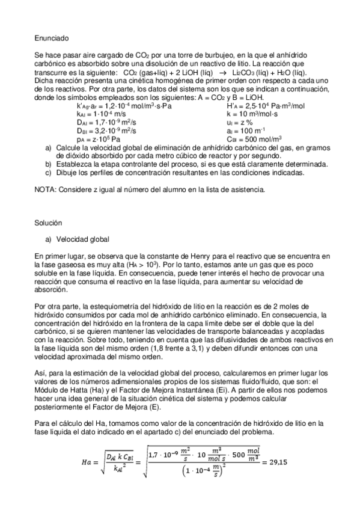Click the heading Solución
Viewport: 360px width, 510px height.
(x=49, y=223)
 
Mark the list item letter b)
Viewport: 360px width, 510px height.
(x=49, y=163)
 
